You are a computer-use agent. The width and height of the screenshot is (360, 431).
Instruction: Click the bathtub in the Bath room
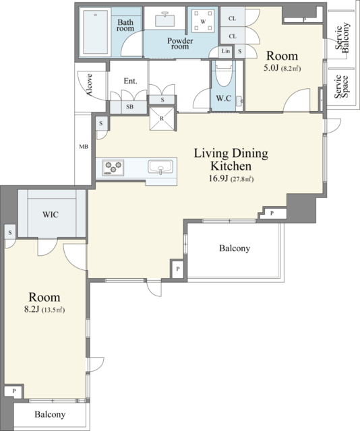pyautogui.click(x=95, y=32)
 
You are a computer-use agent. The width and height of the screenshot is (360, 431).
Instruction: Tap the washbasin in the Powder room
pyautogui.click(x=164, y=20)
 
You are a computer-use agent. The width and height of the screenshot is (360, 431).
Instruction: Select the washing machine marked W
pyautogui.click(x=203, y=21)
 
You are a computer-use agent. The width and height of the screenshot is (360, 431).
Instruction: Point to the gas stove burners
pyautogui.click(x=113, y=168)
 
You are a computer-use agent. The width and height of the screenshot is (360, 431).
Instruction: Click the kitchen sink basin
pyautogui.click(x=160, y=167)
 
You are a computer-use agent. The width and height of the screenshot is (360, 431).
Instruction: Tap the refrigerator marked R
pyautogui.click(x=162, y=119)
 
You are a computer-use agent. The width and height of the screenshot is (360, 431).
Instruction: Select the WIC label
pyautogui.click(x=51, y=214)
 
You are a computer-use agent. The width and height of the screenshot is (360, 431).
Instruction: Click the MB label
pyautogui.click(x=84, y=147)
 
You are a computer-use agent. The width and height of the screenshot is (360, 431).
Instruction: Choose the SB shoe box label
pyautogui.click(x=129, y=106)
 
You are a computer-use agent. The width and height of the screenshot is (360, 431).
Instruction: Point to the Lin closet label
pyautogui.click(x=226, y=51)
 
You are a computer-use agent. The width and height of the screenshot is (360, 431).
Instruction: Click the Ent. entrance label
pyautogui.click(x=131, y=81)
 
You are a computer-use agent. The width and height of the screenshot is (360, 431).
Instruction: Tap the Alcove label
pyautogui.click(x=89, y=85)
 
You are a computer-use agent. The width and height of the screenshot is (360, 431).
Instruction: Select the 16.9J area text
pyautogui.click(x=218, y=178)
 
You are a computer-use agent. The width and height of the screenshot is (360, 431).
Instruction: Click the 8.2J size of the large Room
pyautogui.click(x=33, y=309)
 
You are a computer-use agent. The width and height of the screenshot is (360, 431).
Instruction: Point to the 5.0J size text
pyautogui.click(x=271, y=68)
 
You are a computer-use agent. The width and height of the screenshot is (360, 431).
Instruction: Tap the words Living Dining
pyautogui.click(x=231, y=154)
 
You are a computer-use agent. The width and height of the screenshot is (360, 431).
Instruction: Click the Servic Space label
pyautogui.click(x=341, y=87)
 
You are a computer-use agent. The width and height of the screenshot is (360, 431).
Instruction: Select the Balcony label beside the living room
pyautogui.click(x=235, y=248)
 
